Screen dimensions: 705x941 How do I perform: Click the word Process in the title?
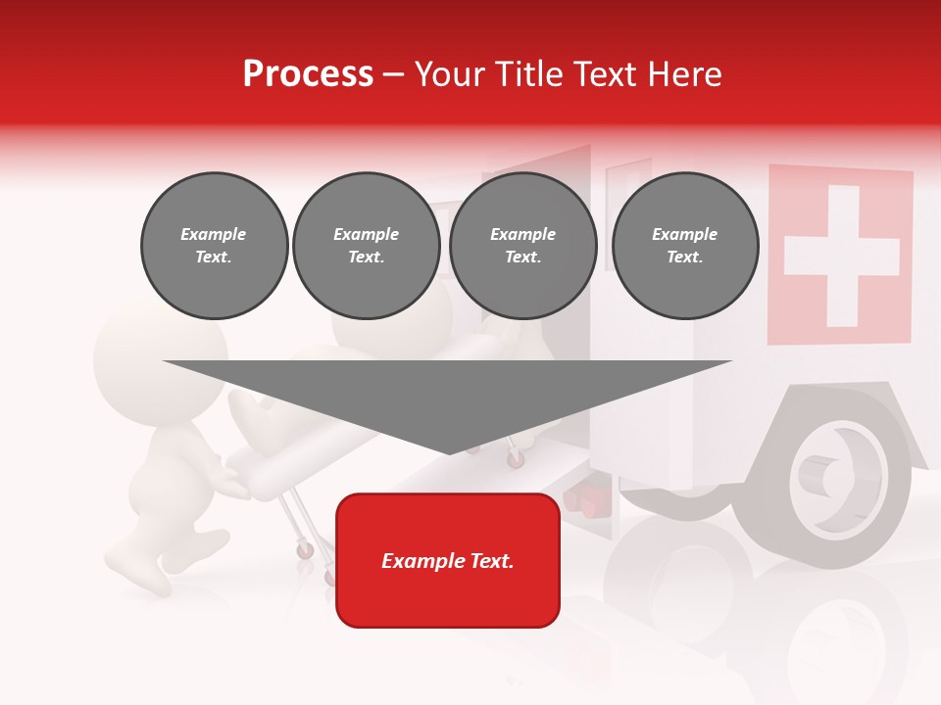(x=308, y=74)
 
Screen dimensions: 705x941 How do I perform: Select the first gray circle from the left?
(x=214, y=246)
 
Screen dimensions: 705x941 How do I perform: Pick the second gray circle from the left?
(x=366, y=246)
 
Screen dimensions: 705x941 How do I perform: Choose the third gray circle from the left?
(x=522, y=246)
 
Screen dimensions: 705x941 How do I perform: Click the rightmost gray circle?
(x=684, y=246)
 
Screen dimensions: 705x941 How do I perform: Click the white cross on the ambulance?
(x=841, y=256)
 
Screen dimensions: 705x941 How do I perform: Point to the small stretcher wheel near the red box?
(x=306, y=551)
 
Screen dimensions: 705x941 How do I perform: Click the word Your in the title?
(x=447, y=74)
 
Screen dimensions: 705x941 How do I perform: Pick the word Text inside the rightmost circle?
(x=684, y=258)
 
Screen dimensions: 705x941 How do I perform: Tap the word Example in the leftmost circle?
(x=214, y=234)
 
